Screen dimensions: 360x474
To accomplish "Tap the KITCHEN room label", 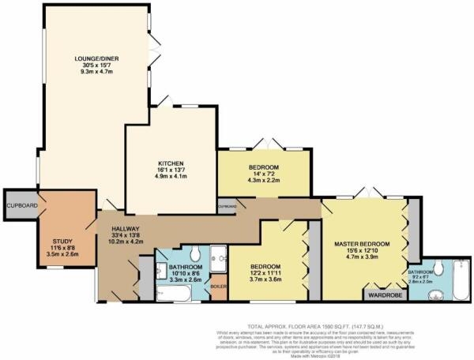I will point(170,164).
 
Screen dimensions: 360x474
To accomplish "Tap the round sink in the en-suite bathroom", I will point(431,296).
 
